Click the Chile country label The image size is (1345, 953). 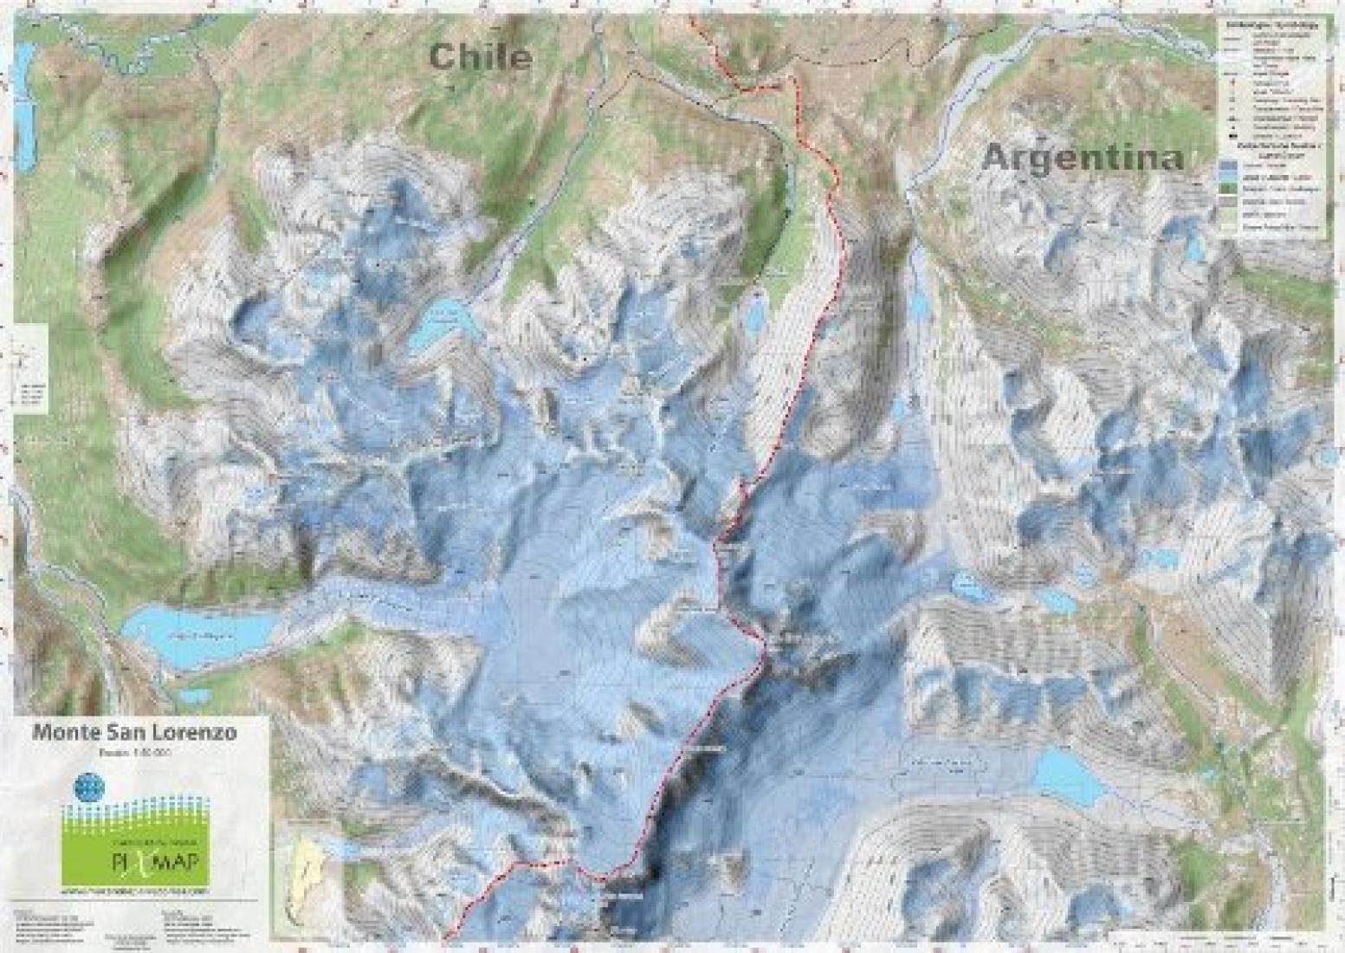tap(479, 56)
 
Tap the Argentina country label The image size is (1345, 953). tap(1083, 158)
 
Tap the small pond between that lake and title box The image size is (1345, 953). tap(195, 696)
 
